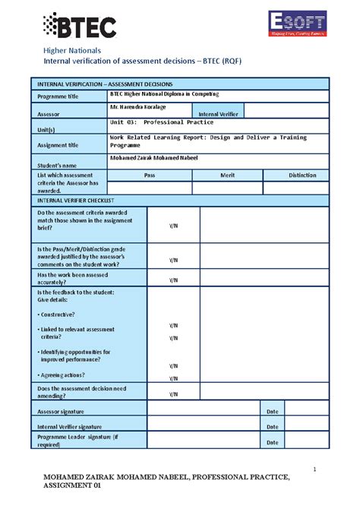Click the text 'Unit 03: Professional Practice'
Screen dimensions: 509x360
tap(162, 122)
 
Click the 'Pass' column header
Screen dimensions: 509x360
tap(150, 175)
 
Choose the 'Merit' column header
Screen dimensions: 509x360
tap(227, 175)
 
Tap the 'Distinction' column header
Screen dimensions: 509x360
tap(302, 175)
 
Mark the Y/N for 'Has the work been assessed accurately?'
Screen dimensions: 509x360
tap(173, 279)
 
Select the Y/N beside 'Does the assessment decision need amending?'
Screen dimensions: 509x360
tap(173, 394)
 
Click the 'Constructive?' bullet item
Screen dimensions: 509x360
tap(58, 314)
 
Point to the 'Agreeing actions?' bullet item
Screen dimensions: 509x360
tap(62, 375)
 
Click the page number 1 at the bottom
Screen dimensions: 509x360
tap(314, 469)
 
